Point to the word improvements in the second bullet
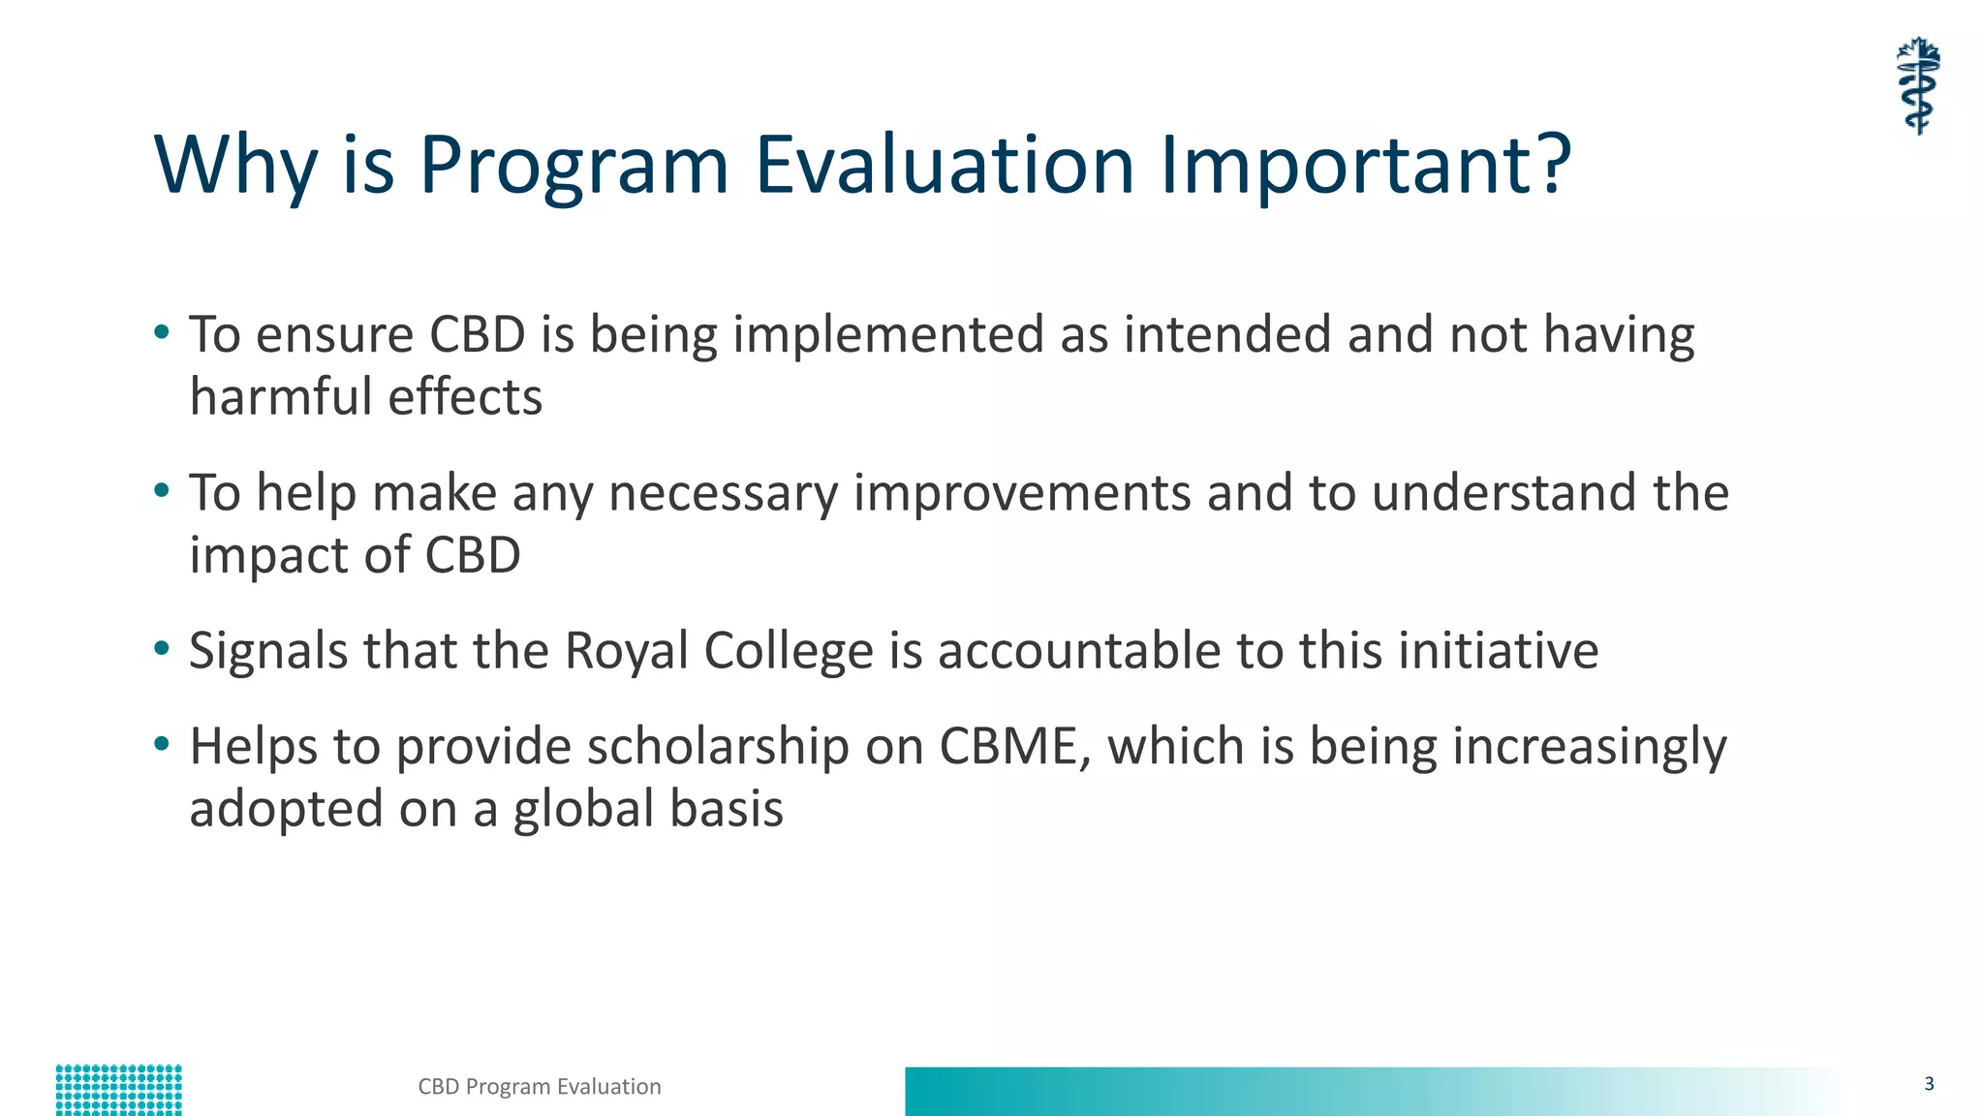[x=1021, y=493]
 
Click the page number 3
[x=1929, y=1084]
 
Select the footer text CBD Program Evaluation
[x=540, y=1087]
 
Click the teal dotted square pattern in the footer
[x=118, y=1090]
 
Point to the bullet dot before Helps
[x=162, y=744]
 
